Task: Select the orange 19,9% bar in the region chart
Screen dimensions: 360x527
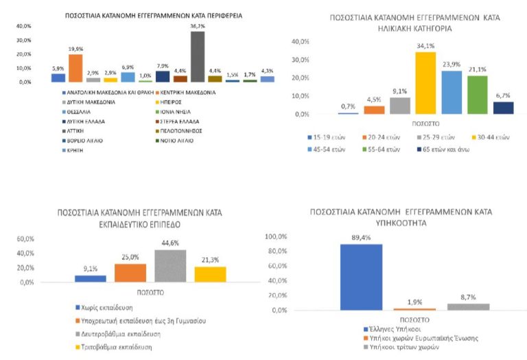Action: click(75, 69)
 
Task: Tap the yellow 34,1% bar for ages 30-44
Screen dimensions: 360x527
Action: click(425, 83)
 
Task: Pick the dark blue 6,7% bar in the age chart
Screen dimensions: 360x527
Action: click(504, 108)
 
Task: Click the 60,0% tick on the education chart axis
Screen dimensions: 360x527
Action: click(25, 239)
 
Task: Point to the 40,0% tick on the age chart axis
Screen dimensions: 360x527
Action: click(305, 43)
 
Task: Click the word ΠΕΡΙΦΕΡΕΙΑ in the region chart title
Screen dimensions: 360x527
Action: click(213, 14)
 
